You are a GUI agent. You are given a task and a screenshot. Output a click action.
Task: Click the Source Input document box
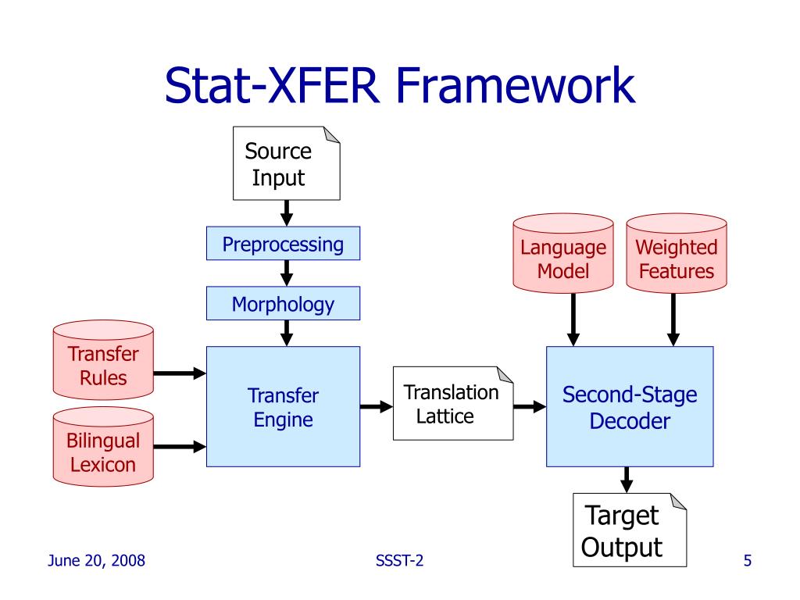coord(286,163)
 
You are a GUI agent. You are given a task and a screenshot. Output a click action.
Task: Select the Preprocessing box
coord(283,244)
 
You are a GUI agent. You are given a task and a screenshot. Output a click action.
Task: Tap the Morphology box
coord(283,304)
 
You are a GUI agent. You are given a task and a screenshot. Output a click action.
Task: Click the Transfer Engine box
coord(283,406)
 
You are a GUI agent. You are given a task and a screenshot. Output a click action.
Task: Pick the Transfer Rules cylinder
coord(103,359)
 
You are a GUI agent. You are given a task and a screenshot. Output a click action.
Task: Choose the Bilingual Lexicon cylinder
coord(103,446)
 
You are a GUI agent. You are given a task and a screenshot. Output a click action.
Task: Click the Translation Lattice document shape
coord(453,403)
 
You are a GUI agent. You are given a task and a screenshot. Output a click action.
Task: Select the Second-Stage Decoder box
coord(630,406)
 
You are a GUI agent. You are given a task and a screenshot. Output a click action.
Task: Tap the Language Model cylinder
coord(563,253)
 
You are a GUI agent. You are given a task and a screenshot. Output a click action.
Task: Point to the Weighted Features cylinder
coord(677,253)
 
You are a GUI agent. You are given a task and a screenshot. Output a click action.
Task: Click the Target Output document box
coord(630,530)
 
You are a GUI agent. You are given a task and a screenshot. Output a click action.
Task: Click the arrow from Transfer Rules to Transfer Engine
coord(180,373)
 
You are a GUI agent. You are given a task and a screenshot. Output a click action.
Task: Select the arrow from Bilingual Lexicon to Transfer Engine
coord(180,447)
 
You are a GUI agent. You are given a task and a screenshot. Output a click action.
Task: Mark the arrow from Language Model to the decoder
coord(573,320)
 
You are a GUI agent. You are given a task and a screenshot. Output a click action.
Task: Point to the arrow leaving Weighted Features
coord(673,320)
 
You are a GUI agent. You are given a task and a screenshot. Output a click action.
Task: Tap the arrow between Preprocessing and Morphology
coord(287,273)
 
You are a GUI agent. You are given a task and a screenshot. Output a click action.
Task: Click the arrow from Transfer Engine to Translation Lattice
coord(377,406)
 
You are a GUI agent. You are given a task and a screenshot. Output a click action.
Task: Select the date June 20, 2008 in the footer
coord(96,561)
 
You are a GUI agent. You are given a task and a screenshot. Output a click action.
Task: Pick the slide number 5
coord(748,561)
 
